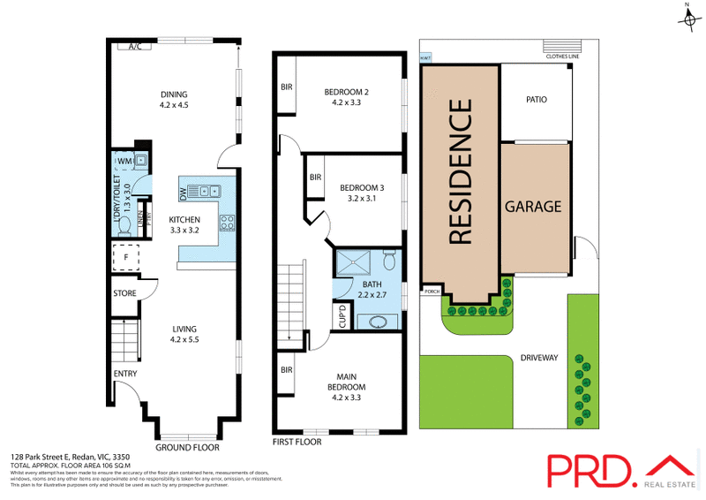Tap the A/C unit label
tap(135, 47)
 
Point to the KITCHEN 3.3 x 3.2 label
tap(185, 224)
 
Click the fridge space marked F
tap(126, 259)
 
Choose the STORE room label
tap(124, 293)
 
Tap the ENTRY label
tap(124, 375)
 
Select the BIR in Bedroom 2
tap(287, 87)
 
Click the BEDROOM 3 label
tap(362, 192)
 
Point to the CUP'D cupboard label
tap(342, 316)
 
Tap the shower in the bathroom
tap(359, 261)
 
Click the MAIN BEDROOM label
tap(347, 391)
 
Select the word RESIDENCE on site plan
tap(460, 172)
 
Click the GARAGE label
tap(532, 207)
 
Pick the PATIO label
tap(536, 100)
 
